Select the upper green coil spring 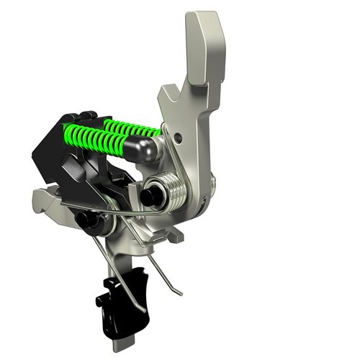133,127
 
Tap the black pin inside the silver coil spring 152,194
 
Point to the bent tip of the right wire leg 177,292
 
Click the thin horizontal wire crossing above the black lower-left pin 86,209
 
